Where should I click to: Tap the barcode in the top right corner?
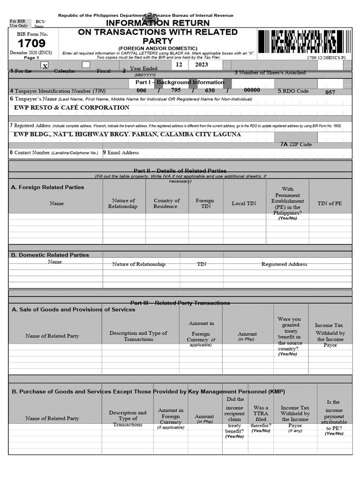[304, 41]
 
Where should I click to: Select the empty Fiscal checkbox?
[86, 65]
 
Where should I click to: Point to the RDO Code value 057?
[330, 92]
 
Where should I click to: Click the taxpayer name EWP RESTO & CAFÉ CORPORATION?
[71, 108]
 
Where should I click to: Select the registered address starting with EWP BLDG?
[127, 135]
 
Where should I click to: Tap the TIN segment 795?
[176, 90]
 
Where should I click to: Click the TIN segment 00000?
[252, 90]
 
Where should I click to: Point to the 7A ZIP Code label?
[296, 144]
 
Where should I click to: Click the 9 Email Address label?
[121, 153]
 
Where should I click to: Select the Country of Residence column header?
[166, 203]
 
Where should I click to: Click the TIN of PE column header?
[330, 203]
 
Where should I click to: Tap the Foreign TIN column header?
[205, 203]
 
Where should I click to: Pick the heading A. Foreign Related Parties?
[47, 187]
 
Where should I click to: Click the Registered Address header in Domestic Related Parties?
[284, 264]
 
